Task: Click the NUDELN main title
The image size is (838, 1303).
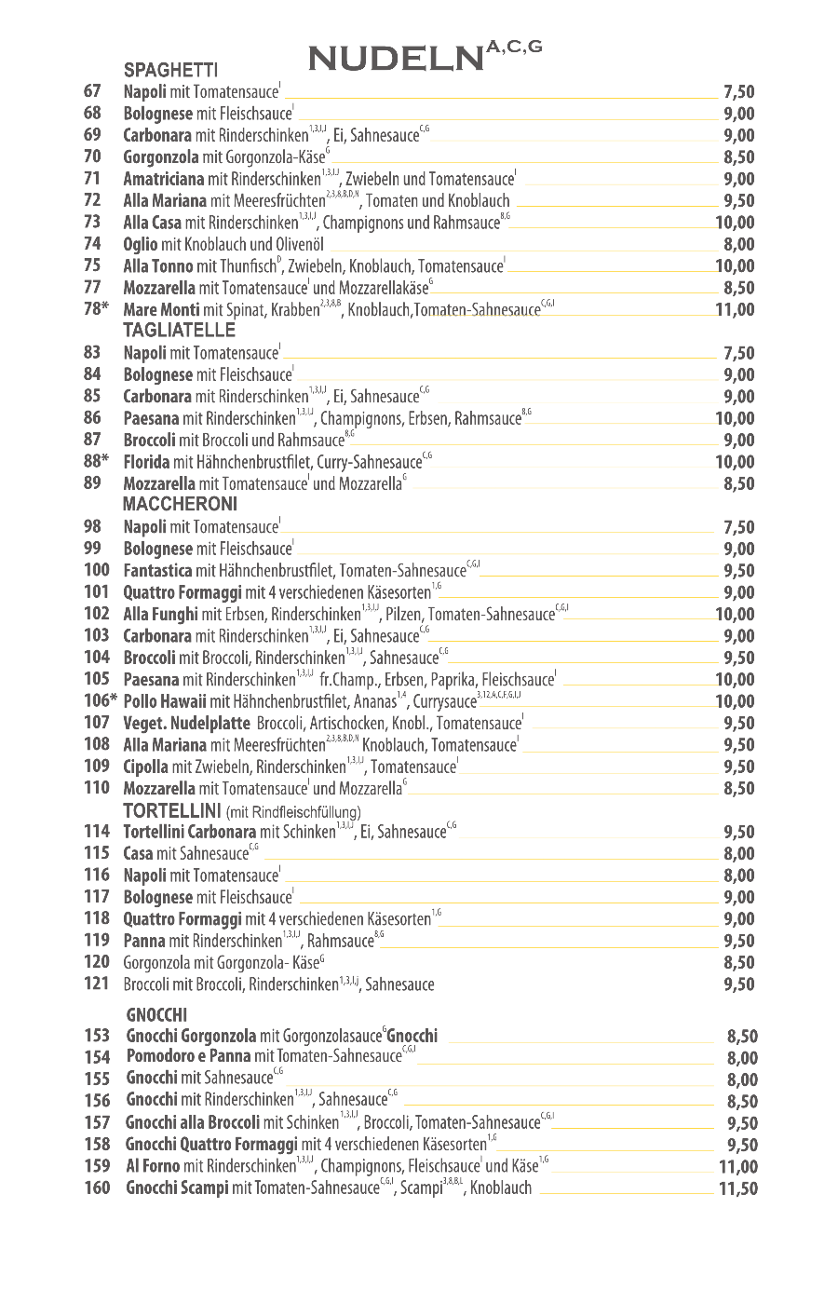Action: coord(396,60)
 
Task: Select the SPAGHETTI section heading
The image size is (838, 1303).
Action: coord(170,70)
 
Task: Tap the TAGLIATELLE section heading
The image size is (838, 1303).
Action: coord(180,331)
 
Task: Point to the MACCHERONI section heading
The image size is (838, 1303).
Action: coord(180,505)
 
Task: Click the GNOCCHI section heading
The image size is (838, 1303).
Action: coord(156,1014)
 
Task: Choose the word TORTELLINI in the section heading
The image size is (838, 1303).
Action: coord(172,810)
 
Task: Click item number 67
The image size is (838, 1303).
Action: coord(92,91)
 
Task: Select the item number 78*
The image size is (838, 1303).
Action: coord(95,309)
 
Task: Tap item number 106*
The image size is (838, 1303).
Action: coord(101,701)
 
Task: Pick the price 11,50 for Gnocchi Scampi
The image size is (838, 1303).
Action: coord(738,1188)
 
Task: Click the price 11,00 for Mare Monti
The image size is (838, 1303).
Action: coord(736,309)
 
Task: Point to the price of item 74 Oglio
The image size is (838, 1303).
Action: coord(739,244)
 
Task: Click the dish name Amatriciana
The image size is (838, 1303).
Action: coord(164,179)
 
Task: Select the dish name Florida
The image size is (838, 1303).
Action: coord(146,462)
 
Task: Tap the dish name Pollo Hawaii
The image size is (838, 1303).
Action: coord(165,701)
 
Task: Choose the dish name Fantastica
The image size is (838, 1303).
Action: coord(157,571)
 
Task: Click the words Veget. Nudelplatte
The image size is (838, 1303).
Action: coord(186,723)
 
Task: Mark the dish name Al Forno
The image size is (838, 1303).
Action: coord(153,1166)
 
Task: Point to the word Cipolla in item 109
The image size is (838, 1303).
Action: coord(146,767)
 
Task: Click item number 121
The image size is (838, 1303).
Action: coord(97,984)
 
